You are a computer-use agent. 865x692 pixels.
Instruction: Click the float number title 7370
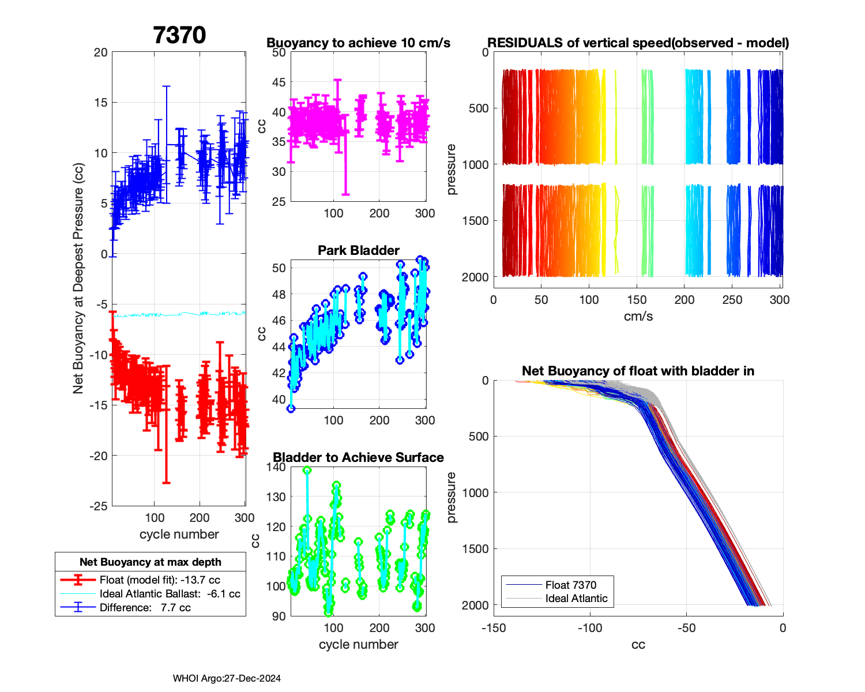coord(179,35)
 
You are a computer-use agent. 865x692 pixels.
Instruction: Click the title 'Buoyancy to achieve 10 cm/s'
coord(358,43)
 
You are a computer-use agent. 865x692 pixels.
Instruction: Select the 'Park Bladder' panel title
coord(358,250)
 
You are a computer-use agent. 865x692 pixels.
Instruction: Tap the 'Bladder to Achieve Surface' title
coord(358,457)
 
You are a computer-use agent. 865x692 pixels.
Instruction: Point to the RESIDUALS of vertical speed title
coord(638,43)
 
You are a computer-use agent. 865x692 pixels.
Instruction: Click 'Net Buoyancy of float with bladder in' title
coord(638,371)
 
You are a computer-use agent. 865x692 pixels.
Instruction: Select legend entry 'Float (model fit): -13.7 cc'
coord(160,580)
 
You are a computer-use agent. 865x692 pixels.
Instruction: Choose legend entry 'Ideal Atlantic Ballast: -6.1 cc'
coord(170,593)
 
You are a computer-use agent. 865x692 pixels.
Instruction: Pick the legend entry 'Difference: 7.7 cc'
coord(145,607)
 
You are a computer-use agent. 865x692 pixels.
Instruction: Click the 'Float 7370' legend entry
coord(570,585)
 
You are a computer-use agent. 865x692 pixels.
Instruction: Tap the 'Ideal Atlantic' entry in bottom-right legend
coord(576,598)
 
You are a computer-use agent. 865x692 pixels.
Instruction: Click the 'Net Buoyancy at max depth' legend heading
coord(151,562)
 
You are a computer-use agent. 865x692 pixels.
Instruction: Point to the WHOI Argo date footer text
coord(227,678)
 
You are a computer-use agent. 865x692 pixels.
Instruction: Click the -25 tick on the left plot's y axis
coord(99,506)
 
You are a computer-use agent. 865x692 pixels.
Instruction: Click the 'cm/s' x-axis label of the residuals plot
coord(638,316)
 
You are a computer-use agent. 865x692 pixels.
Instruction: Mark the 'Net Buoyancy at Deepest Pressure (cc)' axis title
coord(78,279)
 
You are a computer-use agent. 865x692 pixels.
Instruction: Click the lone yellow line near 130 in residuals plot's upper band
coord(616,115)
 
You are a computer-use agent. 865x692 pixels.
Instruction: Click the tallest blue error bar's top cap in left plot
coord(166,86)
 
